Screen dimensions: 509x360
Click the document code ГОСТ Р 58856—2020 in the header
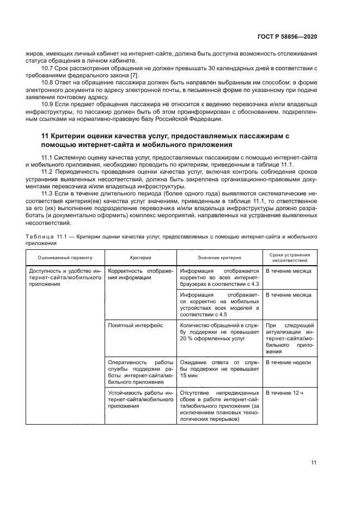(287, 36)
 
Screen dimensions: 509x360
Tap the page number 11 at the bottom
(314, 463)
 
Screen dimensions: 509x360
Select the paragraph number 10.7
(48, 68)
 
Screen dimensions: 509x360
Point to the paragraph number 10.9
(48, 103)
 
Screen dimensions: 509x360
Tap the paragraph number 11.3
(48, 193)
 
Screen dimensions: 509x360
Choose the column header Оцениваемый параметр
(65, 257)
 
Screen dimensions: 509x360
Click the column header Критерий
(140, 257)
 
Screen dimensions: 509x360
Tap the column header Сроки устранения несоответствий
(290, 257)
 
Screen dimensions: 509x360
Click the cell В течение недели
(288, 363)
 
